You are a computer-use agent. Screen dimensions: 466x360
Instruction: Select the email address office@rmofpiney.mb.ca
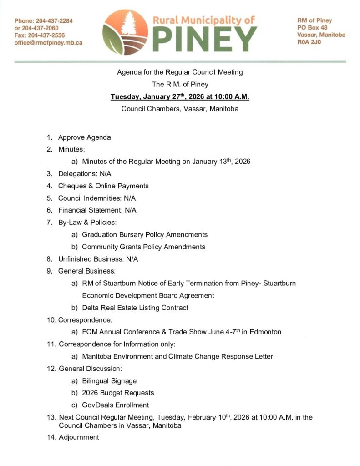coord(48,42)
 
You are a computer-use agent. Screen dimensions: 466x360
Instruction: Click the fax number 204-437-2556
coord(46,35)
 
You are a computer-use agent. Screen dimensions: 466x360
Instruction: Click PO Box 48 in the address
coord(312,28)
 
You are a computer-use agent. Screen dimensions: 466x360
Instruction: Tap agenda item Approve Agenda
coord(84,137)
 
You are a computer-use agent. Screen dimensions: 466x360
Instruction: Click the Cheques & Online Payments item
coord(103,186)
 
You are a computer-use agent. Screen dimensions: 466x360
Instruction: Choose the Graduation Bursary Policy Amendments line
coord(144,234)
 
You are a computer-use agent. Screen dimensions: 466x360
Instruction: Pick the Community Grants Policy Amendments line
coord(143,247)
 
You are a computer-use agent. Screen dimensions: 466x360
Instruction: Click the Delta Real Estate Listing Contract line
coord(135,308)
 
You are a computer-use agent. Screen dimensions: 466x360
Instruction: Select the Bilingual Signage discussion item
coord(109,380)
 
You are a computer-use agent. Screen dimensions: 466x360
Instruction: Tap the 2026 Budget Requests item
coord(118,393)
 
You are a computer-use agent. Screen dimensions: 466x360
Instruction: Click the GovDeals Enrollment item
coord(115,405)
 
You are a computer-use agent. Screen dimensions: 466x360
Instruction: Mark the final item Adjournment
coord(79,437)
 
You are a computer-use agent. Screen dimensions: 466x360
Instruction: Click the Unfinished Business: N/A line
coord(98,259)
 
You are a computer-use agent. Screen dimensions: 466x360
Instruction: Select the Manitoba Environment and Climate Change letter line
coord(177,356)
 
